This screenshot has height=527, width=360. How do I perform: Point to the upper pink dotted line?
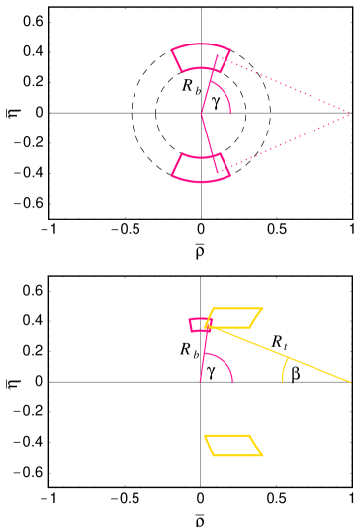tap(287, 87)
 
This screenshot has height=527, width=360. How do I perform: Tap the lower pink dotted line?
tap(287, 140)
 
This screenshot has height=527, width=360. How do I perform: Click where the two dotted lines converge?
tap(350, 114)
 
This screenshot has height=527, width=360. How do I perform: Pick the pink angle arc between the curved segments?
tap(228, 99)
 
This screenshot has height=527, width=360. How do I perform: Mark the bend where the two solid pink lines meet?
tap(201, 114)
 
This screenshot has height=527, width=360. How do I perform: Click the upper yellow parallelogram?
tap(233, 318)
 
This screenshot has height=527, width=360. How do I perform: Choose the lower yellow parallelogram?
tap(233, 446)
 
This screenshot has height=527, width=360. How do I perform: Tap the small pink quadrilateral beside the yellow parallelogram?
tap(199, 324)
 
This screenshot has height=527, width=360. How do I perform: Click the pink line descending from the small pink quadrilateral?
tap(203, 356)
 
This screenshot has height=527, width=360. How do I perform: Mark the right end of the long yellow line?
tap(350, 381)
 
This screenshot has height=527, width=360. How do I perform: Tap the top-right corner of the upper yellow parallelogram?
tap(262, 309)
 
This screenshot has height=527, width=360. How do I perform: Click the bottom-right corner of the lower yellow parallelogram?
tap(262, 455)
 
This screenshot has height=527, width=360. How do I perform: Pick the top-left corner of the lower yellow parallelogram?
tap(205, 436)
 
